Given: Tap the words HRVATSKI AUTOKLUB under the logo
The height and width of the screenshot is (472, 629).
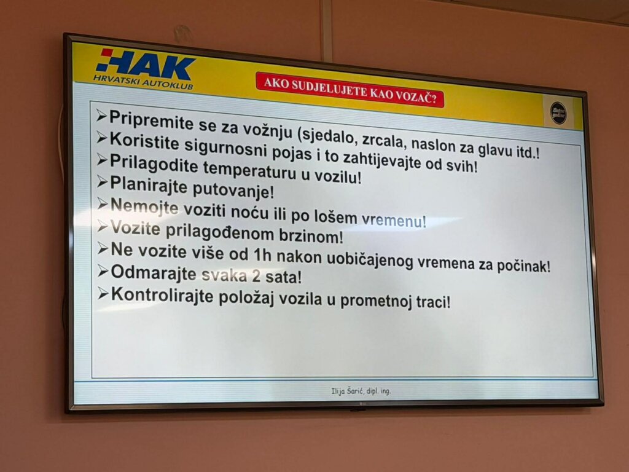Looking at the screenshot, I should [143, 82].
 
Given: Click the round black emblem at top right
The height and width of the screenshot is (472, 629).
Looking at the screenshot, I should [558, 113].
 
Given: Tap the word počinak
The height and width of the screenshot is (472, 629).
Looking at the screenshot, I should [523, 266].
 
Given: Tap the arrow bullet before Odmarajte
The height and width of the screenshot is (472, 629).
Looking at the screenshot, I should [102, 271].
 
